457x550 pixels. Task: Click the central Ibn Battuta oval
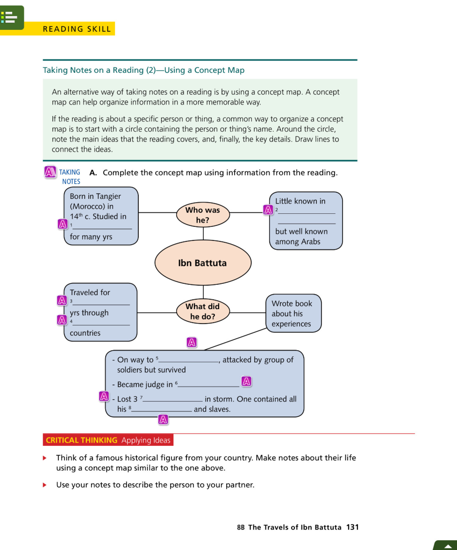pyautogui.click(x=202, y=263)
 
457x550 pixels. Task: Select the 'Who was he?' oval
pyautogui.click(x=202, y=215)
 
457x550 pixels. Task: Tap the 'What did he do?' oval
pyautogui.click(x=202, y=311)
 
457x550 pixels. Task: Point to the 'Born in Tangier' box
pyautogui.click(x=100, y=216)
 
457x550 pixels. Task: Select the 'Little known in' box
pyautogui.click(x=306, y=221)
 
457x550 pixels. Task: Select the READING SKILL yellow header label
pyautogui.click(x=77, y=29)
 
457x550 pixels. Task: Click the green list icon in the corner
pyautogui.click(x=11, y=17)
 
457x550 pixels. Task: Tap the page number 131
pyautogui.click(x=352, y=527)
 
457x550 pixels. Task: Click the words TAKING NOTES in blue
pyautogui.click(x=70, y=176)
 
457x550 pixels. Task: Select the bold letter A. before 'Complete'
pyautogui.click(x=93, y=173)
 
